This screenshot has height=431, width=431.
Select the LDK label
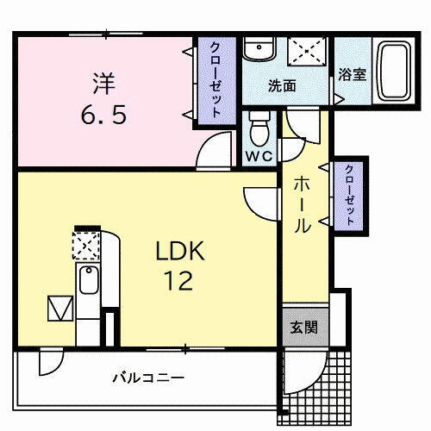tap(179, 252)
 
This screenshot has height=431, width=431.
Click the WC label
tap(259, 156)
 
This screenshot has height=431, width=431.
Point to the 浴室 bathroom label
tap(353, 74)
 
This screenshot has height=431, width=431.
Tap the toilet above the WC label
tap(259, 129)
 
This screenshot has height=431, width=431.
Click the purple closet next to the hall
tap(349, 195)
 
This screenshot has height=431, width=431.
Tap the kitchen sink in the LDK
tap(88, 281)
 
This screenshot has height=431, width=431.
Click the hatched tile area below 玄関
tap(315, 388)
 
